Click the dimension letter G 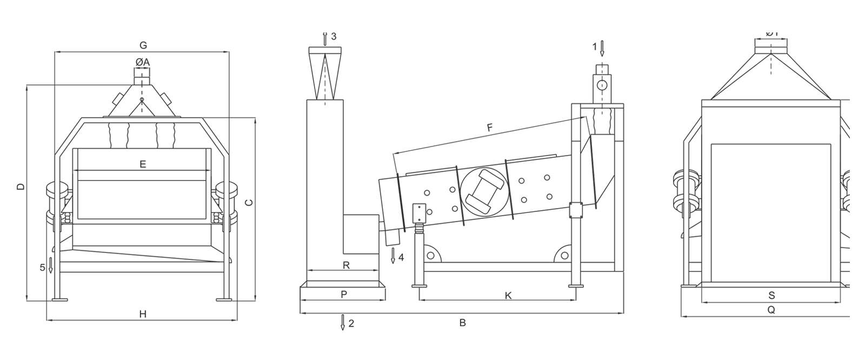click(143, 45)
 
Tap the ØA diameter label click(143, 63)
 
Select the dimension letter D click(21, 187)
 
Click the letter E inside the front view click(143, 164)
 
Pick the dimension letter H click(143, 314)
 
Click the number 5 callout click(42, 267)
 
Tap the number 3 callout click(334, 36)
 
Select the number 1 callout click(595, 47)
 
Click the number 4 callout click(401, 257)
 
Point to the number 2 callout click(351, 323)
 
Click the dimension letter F click(489, 128)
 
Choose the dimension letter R click(347, 265)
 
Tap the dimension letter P click(343, 295)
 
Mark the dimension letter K click(508, 295)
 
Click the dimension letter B click(462, 323)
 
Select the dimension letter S click(771, 295)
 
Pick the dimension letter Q click(771, 310)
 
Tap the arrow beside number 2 click(343, 322)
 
